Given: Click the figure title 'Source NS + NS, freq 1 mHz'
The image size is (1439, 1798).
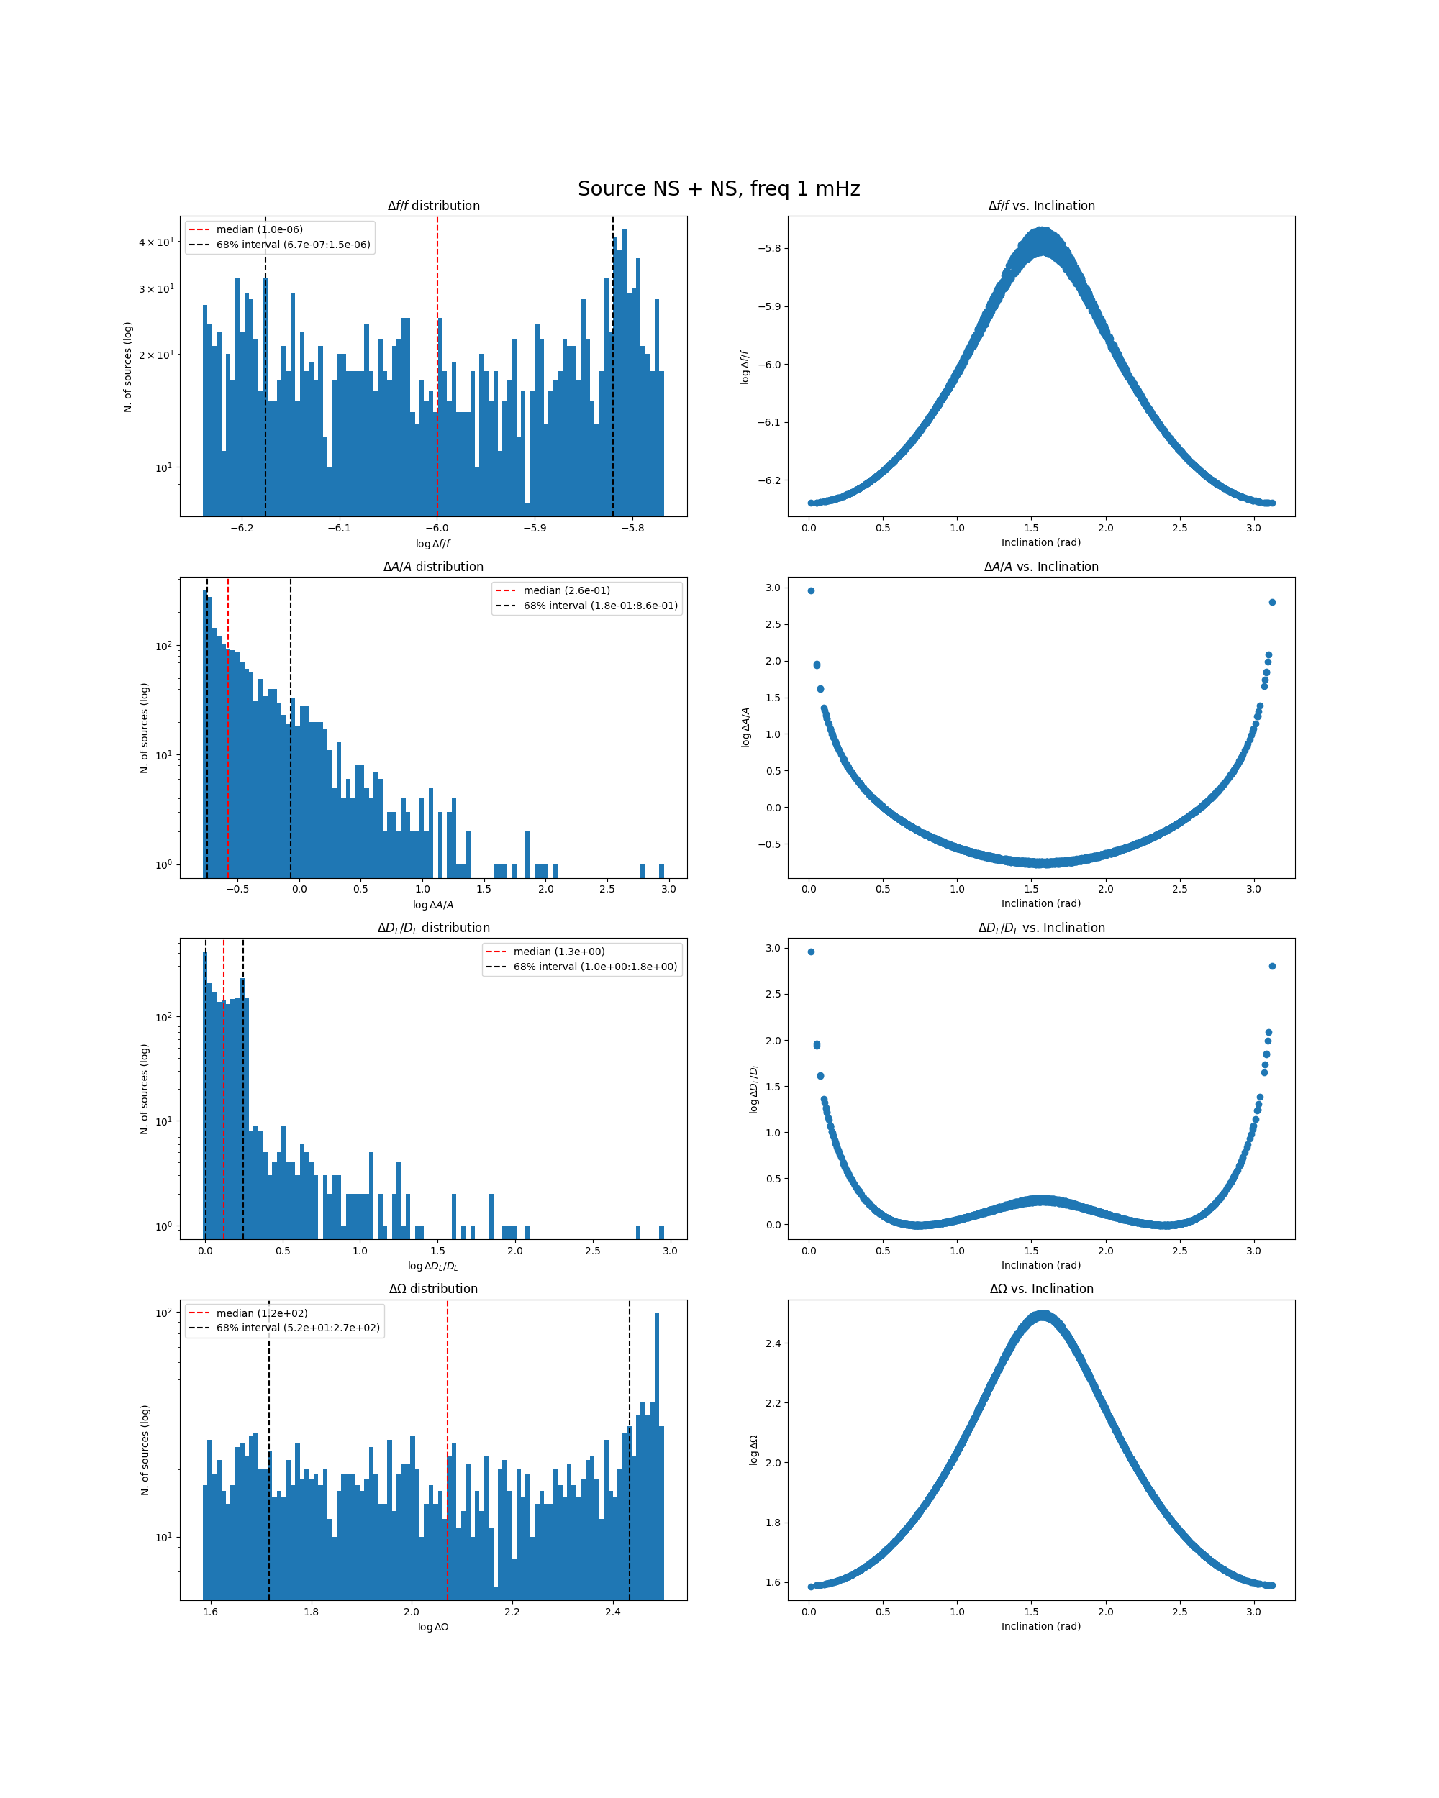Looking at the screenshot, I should [x=718, y=188].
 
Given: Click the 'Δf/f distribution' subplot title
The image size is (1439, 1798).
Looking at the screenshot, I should [x=433, y=206].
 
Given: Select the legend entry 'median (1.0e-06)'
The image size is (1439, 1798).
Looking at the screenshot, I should [x=258, y=229].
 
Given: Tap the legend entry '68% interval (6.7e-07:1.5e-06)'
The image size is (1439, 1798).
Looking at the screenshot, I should [x=293, y=245].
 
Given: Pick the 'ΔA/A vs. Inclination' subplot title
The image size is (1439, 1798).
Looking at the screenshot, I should [x=1041, y=567].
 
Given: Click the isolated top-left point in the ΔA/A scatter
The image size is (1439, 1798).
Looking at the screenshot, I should [x=811, y=590].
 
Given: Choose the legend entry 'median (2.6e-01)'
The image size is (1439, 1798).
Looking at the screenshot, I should [x=566, y=590].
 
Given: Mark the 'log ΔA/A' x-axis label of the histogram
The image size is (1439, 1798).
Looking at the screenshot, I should [x=433, y=905].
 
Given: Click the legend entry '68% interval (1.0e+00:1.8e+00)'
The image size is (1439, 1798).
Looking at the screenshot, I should [x=595, y=967].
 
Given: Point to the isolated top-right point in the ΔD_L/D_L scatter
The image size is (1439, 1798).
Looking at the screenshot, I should [x=1272, y=967].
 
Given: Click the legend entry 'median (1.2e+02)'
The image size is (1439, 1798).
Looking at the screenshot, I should [x=261, y=1313].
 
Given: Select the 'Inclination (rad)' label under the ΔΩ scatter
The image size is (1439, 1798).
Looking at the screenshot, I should [x=1041, y=1626].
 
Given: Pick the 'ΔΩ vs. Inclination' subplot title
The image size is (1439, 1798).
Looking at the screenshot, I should [x=1041, y=1290].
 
